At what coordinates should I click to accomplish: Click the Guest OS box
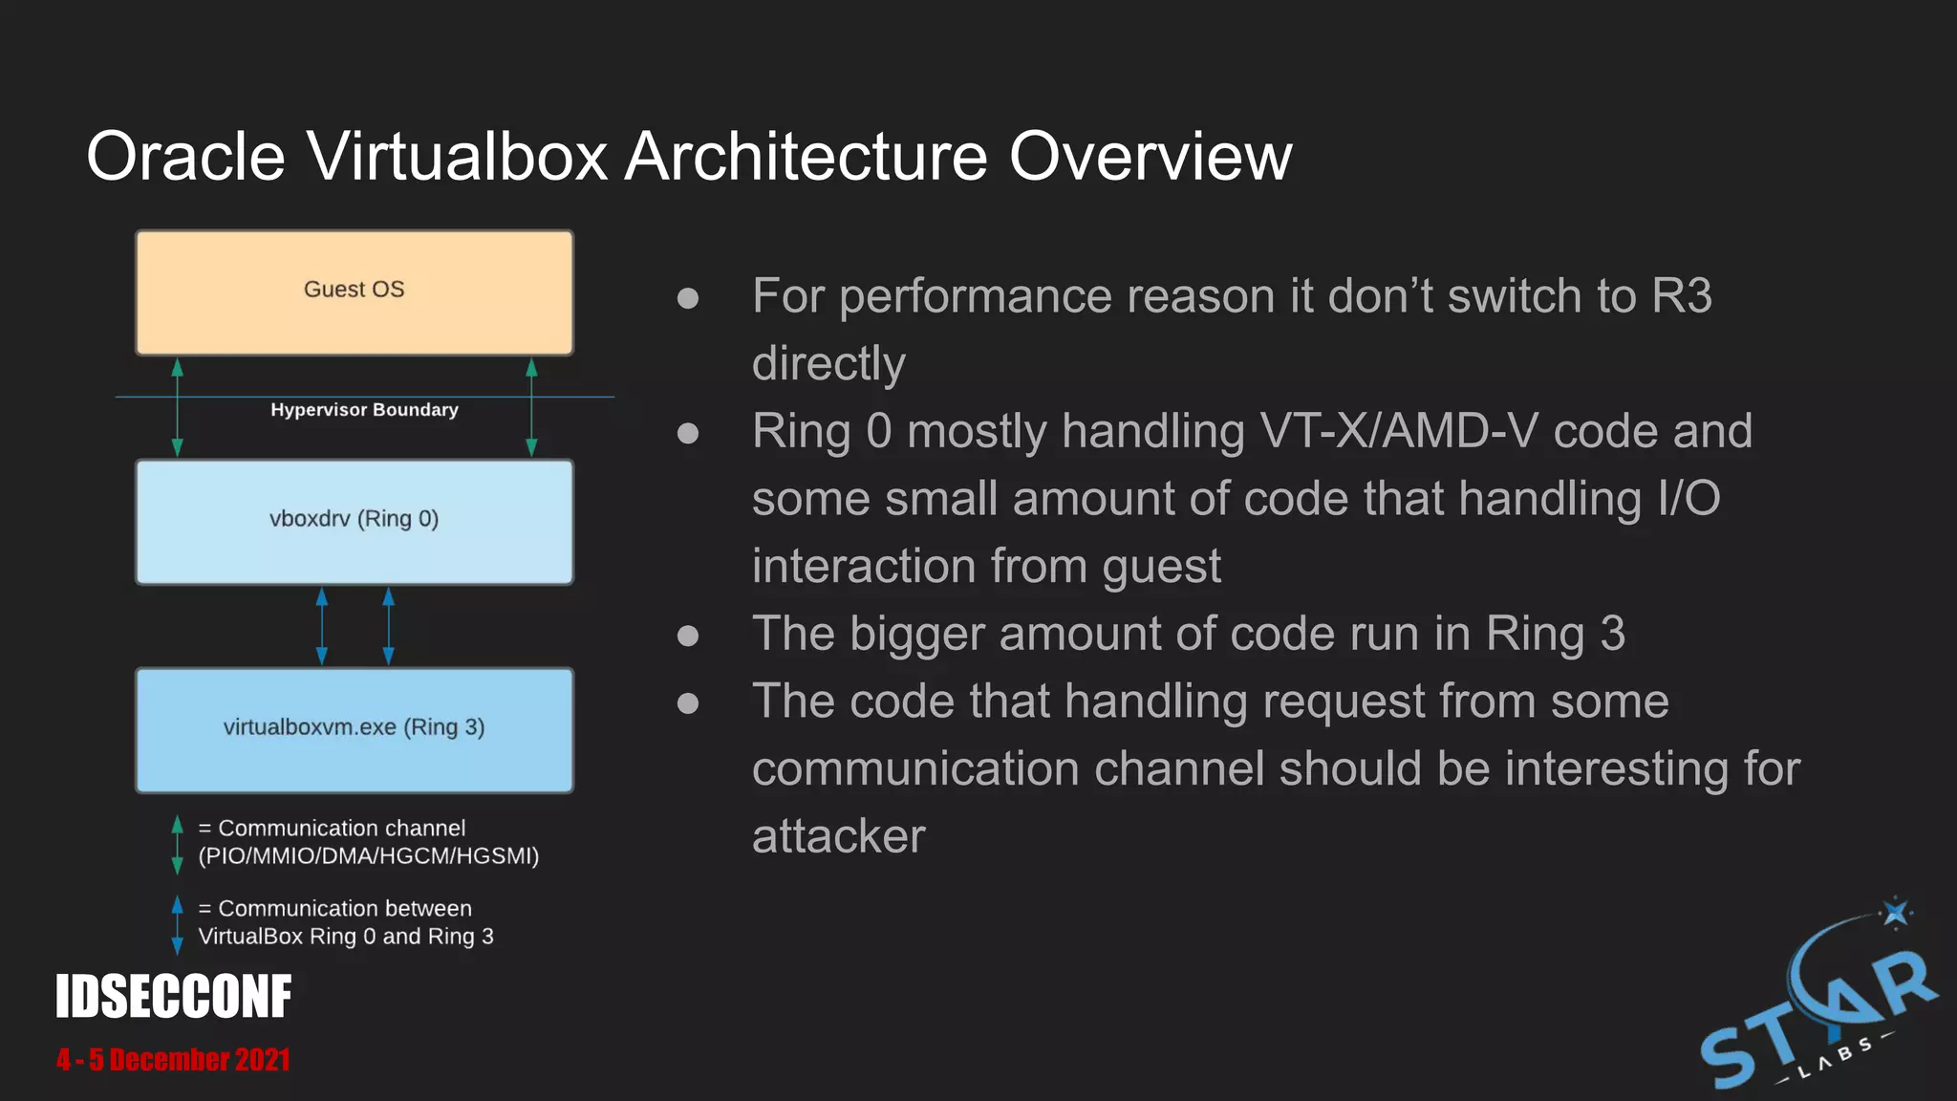click(x=355, y=291)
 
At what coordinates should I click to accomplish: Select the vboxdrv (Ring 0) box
click(x=355, y=521)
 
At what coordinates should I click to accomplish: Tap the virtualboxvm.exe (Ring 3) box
click(x=355, y=729)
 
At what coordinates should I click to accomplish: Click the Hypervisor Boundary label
click(x=364, y=410)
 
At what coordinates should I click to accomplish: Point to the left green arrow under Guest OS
click(x=177, y=407)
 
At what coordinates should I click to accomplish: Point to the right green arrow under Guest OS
click(x=532, y=407)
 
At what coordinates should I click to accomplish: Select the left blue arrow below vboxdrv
click(x=322, y=626)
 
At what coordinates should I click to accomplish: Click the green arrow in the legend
click(x=177, y=844)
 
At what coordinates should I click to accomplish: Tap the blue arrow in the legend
click(x=177, y=924)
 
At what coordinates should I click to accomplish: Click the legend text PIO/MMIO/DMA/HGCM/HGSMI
click(x=369, y=856)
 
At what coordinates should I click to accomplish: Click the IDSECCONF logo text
click(x=173, y=997)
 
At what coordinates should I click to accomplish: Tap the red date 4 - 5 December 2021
click(x=173, y=1060)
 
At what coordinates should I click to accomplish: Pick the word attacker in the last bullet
click(x=838, y=836)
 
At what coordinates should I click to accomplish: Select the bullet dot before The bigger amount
click(x=687, y=636)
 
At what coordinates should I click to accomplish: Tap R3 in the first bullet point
click(x=1681, y=295)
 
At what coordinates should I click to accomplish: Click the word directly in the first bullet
click(x=828, y=364)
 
